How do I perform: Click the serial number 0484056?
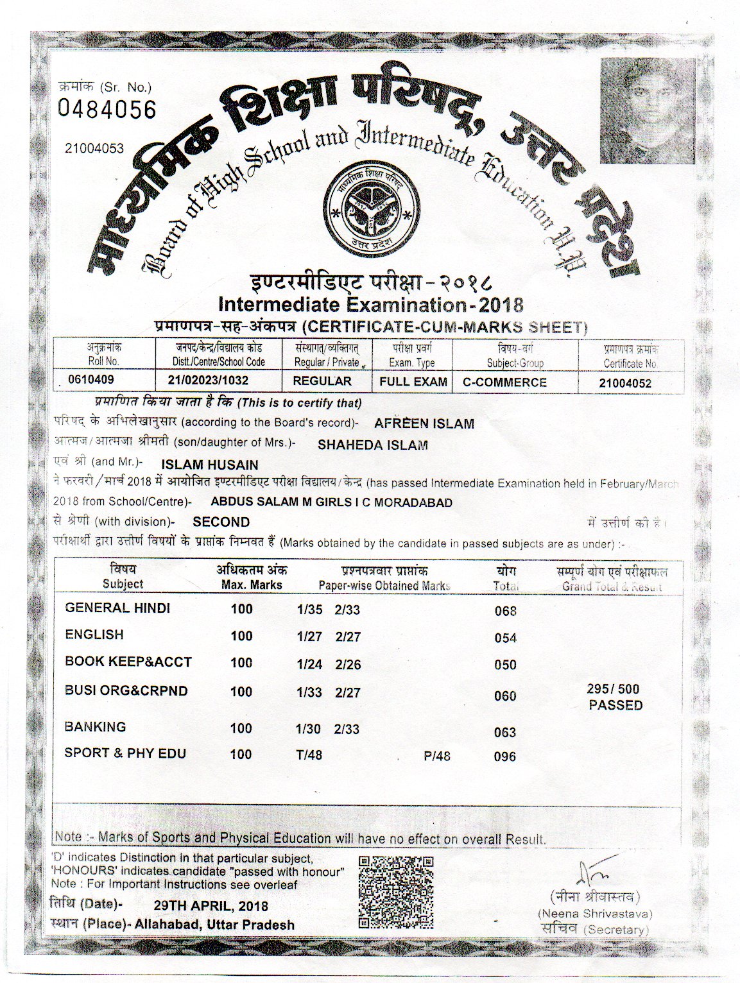(x=107, y=110)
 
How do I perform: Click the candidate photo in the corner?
(x=647, y=110)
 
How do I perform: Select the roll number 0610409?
(x=91, y=380)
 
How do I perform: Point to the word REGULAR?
(x=322, y=381)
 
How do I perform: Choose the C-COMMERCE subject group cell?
(x=505, y=382)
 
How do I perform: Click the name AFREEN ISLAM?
(x=424, y=423)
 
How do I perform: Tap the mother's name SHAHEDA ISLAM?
(x=373, y=445)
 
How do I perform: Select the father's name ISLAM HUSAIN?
(x=210, y=465)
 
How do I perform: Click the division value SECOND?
(x=221, y=522)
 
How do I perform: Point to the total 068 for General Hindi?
(x=506, y=611)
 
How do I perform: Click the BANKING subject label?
(x=96, y=727)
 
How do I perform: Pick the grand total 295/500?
(x=614, y=689)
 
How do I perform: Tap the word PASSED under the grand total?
(x=615, y=705)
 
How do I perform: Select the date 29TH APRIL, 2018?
(x=211, y=906)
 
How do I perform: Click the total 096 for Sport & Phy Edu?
(x=505, y=756)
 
